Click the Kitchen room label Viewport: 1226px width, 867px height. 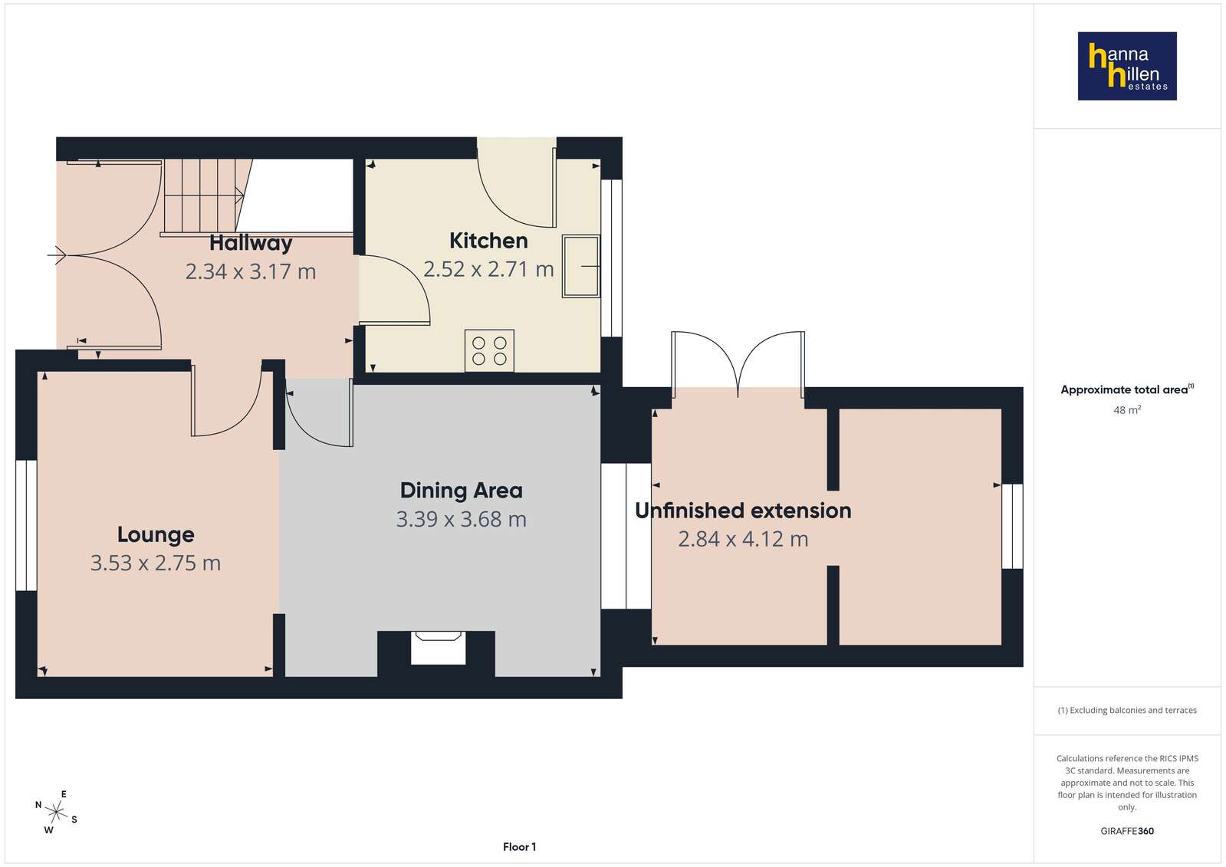pyautogui.click(x=488, y=241)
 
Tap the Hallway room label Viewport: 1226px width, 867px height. pyautogui.click(x=251, y=243)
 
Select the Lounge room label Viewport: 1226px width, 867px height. pyautogui.click(x=156, y=535)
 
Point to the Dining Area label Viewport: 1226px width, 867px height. pyautogui.click(x=462, y=491)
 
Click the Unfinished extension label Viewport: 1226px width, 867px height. pyautogui.click(x=743, y=511)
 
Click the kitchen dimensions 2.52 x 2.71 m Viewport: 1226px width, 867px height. pyautogui.click(x=488, y=269)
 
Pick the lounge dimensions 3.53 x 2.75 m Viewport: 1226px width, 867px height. pyautogui.click(x=156, y=563)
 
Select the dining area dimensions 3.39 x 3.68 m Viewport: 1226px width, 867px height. pyautogui.click(x=462, y=520)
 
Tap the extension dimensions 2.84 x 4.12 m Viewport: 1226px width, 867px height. pyautogui.click(x=743, y=540)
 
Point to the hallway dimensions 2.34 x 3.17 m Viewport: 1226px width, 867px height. pyautogui.click(x=251, y=272)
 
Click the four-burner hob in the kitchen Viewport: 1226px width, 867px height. pyautogui.click(x=489, y=351)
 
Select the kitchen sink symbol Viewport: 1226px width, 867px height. pyautogui.click(x=580, y=267)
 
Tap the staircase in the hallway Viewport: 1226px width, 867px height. pyautogui.click(x=204, y=196)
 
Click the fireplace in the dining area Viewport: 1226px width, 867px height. pyautogui.click(x=438, y=648)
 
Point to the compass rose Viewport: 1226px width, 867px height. pyautogui.click(x=56, y=813)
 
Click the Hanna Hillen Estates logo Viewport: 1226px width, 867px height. pyautogui.click(x=1127, y=66)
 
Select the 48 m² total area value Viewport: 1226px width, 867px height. pyautogui.click(x=1127, y=410)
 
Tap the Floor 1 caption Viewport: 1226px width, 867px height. pyautogui.click(x=519, y=847)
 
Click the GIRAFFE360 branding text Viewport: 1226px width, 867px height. pyautogui.click(x=1127, y=831)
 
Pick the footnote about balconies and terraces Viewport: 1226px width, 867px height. pyautogui.click(x=1127, y=711)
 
